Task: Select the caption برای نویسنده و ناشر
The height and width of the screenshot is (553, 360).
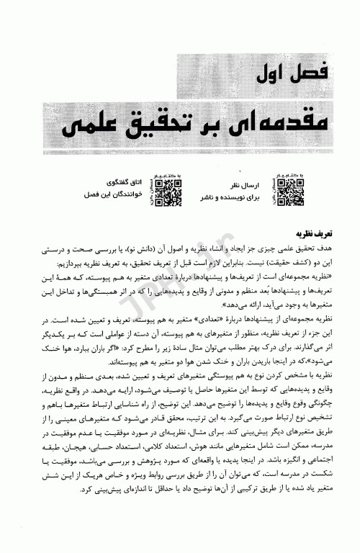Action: click(228, 196)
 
